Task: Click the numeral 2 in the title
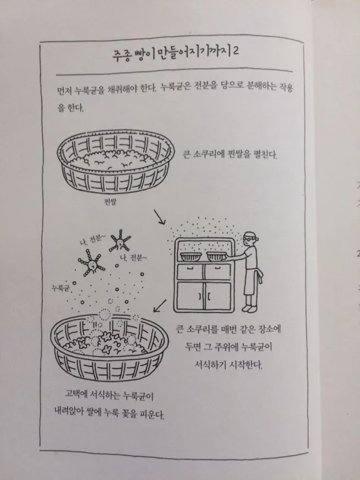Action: pyautogui.click(x=235, y=51)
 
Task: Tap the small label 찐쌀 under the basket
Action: pyautogui.click(x=110, y=202)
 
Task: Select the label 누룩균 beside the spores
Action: pyautogui.click(x=60, y=288)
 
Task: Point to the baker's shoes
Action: pyautogui.click(x=250, y=308)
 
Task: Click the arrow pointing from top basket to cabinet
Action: pyautogui.click(x=159, y=217)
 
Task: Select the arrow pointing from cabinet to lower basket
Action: pyautogui.click(x=160, y=306)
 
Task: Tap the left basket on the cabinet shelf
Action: pyautogui.click(x=190, y=257)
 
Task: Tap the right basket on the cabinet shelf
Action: pyautogui.click(x=217, y=256)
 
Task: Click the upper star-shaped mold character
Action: pyautogui.click(x=120, y=241)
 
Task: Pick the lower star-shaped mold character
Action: pyautogui.click(x=91, y=263)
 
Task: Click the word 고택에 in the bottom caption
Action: pyautogui.click(x=76, y=394)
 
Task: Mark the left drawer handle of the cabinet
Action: pyautogui.click(x=190, y=268)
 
